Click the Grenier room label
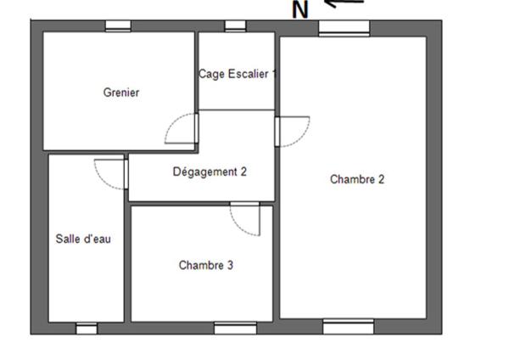pos(120,93)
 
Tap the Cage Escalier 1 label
pos(238,74)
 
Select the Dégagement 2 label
pos(210,172)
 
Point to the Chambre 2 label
pos(357,179)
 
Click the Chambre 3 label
pos(205,265)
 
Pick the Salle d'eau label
pos(83,239)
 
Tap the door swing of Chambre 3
pos(244,220)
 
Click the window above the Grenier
pos(118,26)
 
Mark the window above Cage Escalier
pos(235,26)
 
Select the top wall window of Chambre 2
pos(344,27)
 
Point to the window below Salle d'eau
pos(87,328)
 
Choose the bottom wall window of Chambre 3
pos(235,328)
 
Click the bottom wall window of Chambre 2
pos(348,327)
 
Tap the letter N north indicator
pos(300,10)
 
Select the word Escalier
pos(248,74)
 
